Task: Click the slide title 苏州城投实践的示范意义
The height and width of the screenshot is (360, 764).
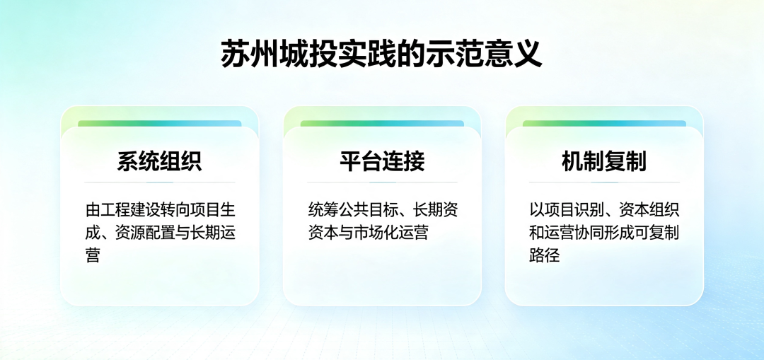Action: coord(381,54)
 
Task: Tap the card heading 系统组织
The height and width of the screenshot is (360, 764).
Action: coord(159,161)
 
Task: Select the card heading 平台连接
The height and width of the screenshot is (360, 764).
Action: coord(382,161)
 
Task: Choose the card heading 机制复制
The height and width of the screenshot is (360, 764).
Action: coord(604,161)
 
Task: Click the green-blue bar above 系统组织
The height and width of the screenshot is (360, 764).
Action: coord(159,124)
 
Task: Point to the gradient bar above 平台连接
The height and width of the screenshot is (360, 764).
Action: coord(382,124)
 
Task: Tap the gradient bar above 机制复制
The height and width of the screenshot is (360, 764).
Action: coord(604,124)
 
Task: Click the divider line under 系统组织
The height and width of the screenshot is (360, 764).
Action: coord(159,182)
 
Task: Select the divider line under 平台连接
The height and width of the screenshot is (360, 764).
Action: coord(382,182)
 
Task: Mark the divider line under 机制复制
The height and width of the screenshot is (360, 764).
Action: coord(604,182)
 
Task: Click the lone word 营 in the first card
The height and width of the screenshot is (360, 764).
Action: coord(93,255)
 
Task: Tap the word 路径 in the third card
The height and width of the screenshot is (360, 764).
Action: coord(544,255)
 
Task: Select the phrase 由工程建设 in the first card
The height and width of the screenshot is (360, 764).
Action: coord(123,210)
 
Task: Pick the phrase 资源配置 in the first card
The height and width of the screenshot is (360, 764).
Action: coord(145,233)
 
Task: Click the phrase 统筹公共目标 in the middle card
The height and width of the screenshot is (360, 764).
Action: coord(353,210)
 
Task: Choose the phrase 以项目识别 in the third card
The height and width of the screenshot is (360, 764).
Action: coord(567,210)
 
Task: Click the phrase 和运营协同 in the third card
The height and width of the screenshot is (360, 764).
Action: coord(567,233)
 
